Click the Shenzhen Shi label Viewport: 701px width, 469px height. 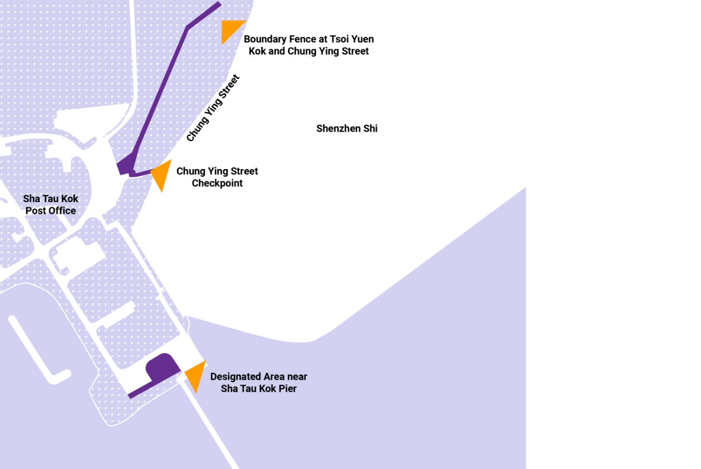pos(346,128)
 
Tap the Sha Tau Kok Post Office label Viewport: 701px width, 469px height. pos(51,205)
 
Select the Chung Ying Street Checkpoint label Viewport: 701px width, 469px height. pos(217,177)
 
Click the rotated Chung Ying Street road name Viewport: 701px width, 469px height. pos(213,108)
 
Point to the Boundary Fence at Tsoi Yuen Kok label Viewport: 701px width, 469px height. pos(308,45)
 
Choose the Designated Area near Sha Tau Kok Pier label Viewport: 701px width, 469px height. pos(258,382)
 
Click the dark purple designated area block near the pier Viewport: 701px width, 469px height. pos(162,366)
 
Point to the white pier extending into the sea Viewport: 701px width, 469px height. pos(211,428)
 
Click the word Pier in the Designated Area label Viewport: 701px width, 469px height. pos(288,389)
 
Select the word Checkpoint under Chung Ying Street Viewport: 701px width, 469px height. pos(217,183)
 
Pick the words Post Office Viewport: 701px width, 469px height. pos(51,211)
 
